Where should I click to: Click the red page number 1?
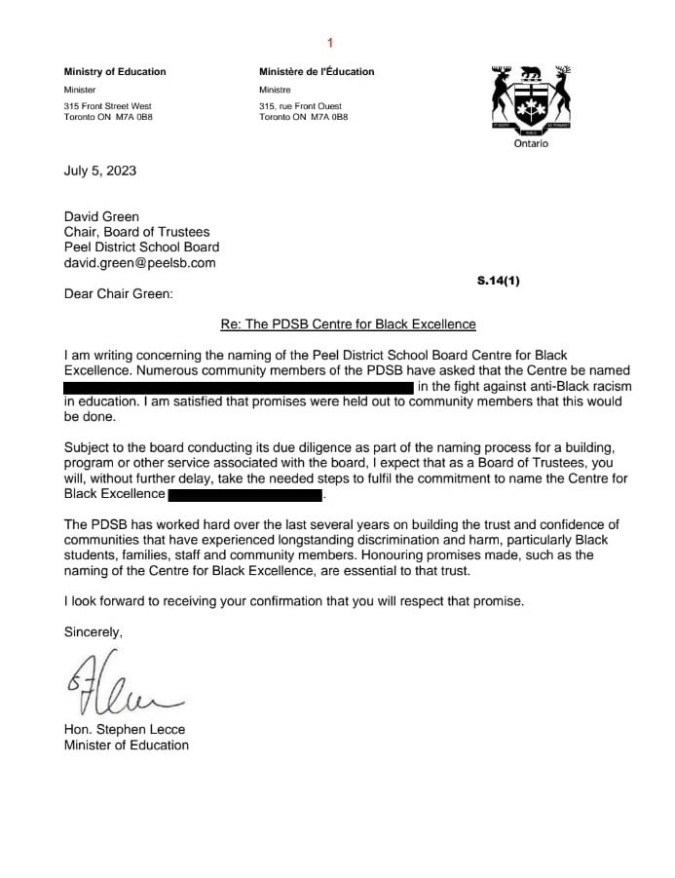[x=330, y=43]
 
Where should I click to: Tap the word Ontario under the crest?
[x=531, y=143]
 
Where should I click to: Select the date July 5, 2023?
[x=100, y=171]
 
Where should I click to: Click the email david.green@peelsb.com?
[x=140, y=262]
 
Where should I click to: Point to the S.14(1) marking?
[x=499, y=281]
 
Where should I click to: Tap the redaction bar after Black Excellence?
[x=244, y=495]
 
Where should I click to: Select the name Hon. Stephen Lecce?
[x=120, y=729]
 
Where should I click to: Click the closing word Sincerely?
[x=94, y=631]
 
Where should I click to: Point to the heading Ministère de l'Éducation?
[x=317, y=71]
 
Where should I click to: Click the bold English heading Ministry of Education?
[x=115, y=71]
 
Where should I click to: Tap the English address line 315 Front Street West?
[x=108, y=105]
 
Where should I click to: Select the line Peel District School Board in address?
[x=142, y=247]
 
